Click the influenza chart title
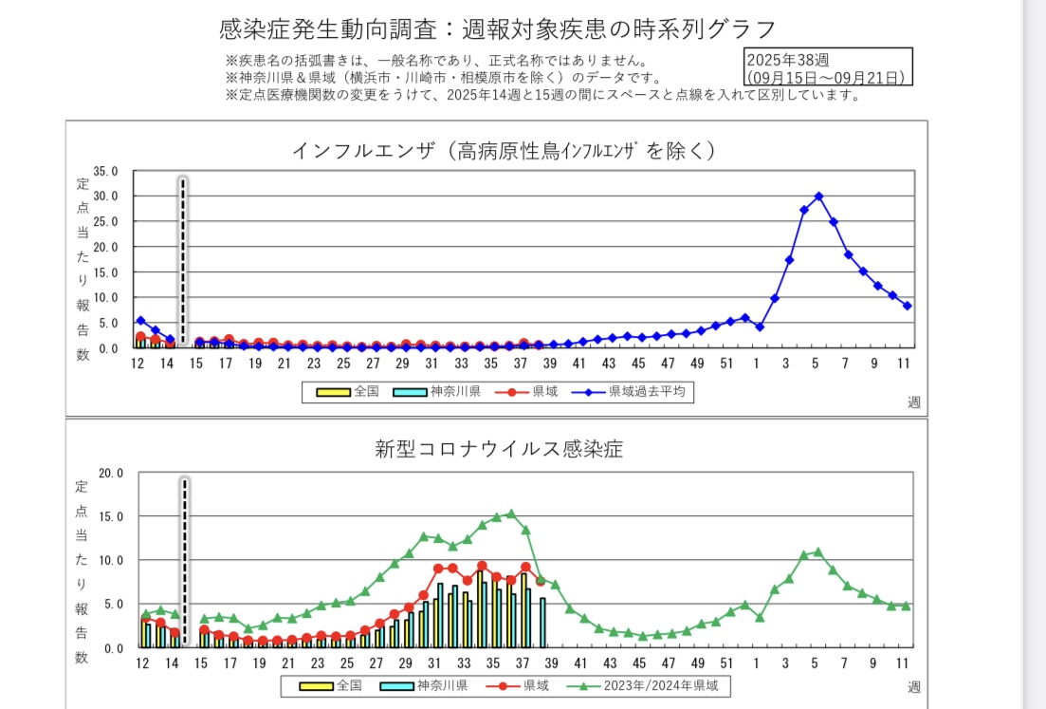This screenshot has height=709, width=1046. (x=503, y=150)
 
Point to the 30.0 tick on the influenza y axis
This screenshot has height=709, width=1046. (x=104, y=196)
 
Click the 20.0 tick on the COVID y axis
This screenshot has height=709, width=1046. (x=111, y=473)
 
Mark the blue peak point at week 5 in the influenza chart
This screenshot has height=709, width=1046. (x=818, y=196)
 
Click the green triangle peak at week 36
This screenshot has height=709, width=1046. (x=511, y=513)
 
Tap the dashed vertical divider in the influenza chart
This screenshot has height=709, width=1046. (x=183, y=261)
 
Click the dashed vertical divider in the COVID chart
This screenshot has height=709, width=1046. (x=185, y=560)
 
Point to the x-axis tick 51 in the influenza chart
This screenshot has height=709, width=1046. (x=727, y=363)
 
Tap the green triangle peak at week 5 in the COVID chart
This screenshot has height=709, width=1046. (x=818, y=551)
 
